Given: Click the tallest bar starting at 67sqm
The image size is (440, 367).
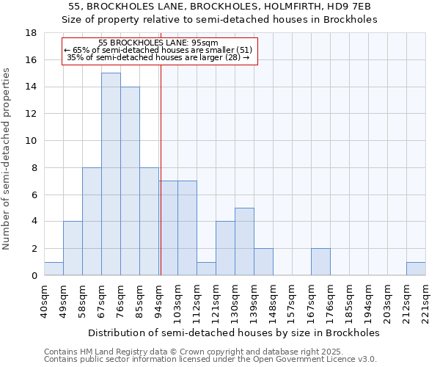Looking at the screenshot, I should point(111,174).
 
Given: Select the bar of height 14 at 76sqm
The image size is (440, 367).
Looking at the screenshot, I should point(130,181).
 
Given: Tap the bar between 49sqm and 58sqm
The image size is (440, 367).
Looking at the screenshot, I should point(73,248).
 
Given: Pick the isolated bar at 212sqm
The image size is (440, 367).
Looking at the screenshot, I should point(416,269).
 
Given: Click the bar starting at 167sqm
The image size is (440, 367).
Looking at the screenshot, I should point(320,262).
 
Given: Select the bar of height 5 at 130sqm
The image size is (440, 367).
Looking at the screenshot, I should point(244,241).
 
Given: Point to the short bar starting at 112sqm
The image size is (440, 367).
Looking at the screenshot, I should point(206,269).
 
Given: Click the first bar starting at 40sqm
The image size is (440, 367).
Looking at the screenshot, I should point(54,269).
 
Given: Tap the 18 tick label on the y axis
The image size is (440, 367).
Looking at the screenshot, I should point(31,33).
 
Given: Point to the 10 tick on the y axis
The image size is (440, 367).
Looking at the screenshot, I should point(31,141).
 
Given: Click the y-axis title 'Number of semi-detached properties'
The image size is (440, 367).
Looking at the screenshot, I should point(7,159).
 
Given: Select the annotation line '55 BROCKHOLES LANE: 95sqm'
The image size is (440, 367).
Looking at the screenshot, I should point(158,43).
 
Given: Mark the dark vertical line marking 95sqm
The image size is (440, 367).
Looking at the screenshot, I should point(160,169).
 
